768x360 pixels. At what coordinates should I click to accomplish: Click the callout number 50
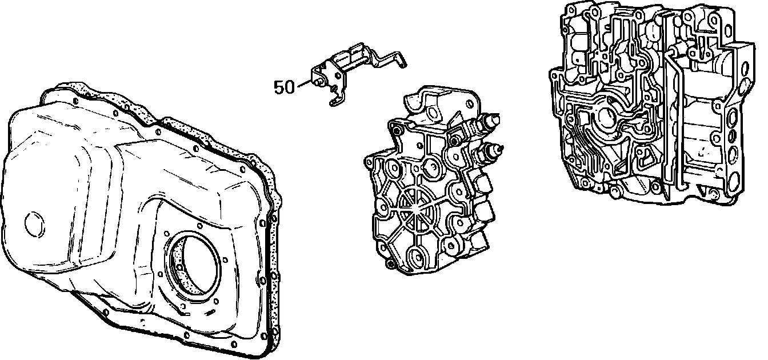[284, 87]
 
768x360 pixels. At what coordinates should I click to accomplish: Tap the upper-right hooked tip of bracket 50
[404, 64]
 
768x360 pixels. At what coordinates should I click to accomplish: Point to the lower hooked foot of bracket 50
[334, 102]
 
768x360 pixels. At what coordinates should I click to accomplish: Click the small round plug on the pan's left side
[35, 224]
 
